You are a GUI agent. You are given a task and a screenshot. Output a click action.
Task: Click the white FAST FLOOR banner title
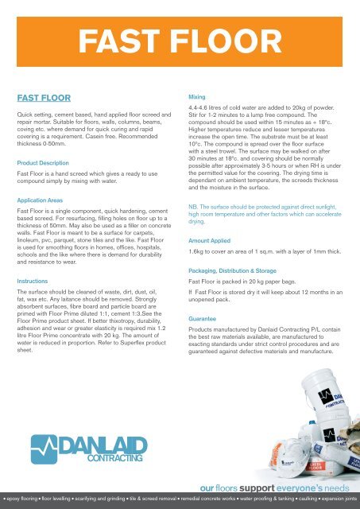(x=180, y=37)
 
